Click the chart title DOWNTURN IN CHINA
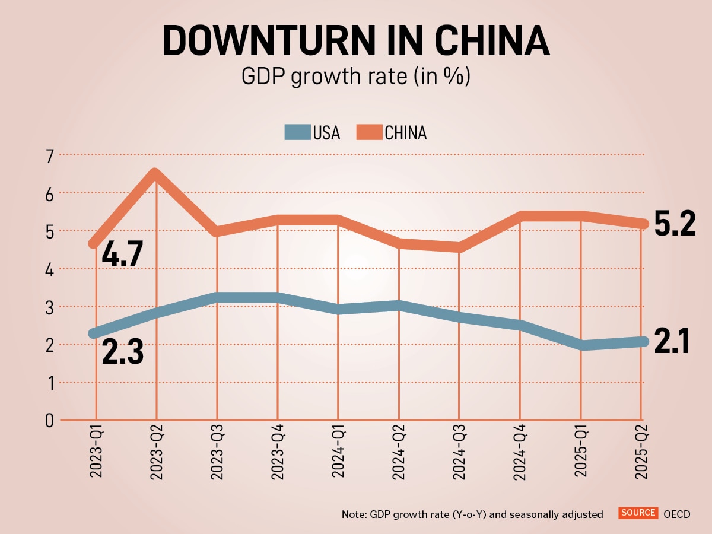[355, 40]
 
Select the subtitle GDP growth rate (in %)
[355, 77]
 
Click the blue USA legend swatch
[297, 132]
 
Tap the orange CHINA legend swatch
[369, 132]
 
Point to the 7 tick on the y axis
[48, 155]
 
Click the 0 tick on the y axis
[48, 421]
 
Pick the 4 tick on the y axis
[48, 269]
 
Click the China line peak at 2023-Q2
[155, 174]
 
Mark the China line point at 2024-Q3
[459, 247]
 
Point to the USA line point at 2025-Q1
[580, 345]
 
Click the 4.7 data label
[122, 253]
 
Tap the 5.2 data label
[675, 224]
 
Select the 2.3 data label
[122, 351]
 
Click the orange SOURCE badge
[638, 513]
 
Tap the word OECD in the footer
[677, 514]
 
